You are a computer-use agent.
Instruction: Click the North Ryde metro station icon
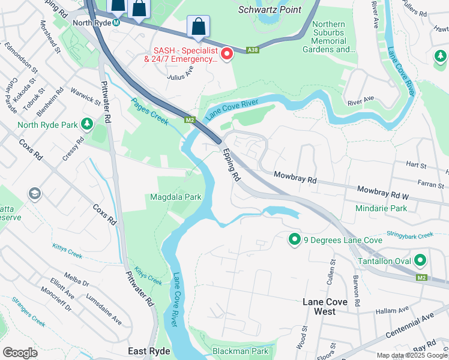click(116, 23)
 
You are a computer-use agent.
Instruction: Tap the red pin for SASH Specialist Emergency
click(227, 55)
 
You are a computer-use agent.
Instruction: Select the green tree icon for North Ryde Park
click(88, 124)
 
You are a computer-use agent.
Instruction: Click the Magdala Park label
click(175, 197)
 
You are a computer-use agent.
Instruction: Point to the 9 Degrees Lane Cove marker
click(294, 240)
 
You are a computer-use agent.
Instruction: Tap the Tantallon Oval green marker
click(420, 261)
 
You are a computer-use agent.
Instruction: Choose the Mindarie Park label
click(381, 208)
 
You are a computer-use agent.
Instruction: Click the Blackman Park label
click(240, 350)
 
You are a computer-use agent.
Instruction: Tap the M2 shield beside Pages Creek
click(190, 119)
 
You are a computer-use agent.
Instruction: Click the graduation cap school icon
click(34, 194)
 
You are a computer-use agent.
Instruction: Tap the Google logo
click(20, 353)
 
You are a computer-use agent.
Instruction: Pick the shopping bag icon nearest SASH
click(198, 26)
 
